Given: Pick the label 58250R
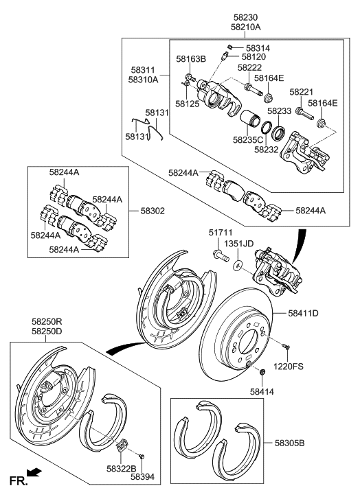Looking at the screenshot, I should tap(47, 321).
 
